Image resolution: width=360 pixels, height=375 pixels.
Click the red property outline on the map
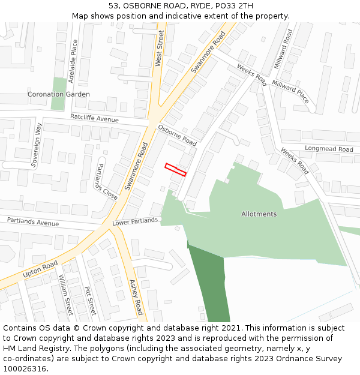[176, 170]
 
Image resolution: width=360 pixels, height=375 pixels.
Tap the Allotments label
[259, 214]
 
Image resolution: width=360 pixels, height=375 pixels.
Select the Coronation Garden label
[59, 94]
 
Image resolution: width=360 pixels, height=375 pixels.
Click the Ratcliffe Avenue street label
[94, 118]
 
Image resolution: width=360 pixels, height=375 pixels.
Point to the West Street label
[160, 49]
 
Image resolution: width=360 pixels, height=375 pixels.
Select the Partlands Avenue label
[33, 221]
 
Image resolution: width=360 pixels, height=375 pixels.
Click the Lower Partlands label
[135, 221]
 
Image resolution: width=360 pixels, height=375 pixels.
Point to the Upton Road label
[40, 269]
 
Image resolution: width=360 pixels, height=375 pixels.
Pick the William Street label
[65, 295]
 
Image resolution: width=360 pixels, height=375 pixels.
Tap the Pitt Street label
[90, 300]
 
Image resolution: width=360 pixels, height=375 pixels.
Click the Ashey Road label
[136, 297]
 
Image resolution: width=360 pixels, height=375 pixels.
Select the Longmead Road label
[329, 149]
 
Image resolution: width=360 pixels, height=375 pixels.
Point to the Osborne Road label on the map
[177, 136]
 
